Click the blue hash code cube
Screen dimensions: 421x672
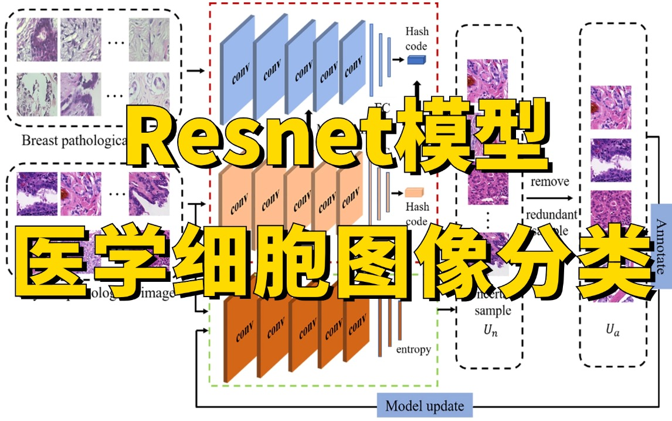pos(416,59)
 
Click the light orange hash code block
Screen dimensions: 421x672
pos(414,192)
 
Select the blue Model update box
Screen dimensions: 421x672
pos(425,406)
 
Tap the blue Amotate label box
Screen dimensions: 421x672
pos(661,246)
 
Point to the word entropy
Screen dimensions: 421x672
pos(413,349)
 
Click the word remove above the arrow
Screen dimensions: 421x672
pos(549,181)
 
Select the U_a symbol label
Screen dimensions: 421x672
pos(613,331)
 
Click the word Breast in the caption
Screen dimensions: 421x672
pos(39,141)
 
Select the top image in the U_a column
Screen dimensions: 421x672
pos(610,107)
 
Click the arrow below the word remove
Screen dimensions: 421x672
pos(549,197)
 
